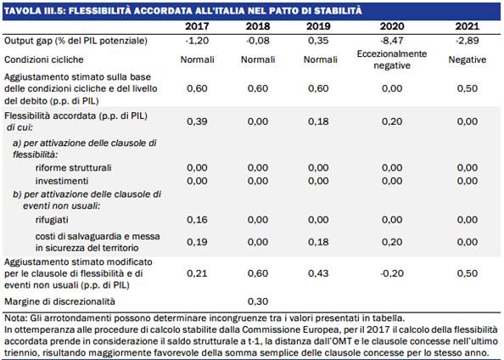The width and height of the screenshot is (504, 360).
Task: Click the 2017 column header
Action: pyautogui.click(x=197, y=26)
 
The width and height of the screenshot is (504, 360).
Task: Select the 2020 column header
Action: pyautogui.click(x=392, y=26)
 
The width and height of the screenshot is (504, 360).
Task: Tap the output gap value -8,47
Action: pyautogui.click(x=392, y=41)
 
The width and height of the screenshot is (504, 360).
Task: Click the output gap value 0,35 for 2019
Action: pyautogui.click(x=318, y=41)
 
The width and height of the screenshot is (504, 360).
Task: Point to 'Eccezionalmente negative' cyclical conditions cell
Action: pyautogui.click(x=392, y=59)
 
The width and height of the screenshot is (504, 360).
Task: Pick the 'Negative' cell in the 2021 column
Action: pyautogui.click(x=468, y=59)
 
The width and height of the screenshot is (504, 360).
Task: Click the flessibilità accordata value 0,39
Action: pyautogui.click(x=197, y=121)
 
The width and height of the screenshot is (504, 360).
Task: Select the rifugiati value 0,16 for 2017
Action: pyautogui.click(x=197, y=220)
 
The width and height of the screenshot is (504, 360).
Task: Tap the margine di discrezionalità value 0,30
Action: pyautogui.click(x=258, y=301)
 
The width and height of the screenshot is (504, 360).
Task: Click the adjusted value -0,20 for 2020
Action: pyautogui.click(x=392, y=273)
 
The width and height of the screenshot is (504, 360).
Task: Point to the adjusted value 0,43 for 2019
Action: pyautogui.click(x=318, y=273)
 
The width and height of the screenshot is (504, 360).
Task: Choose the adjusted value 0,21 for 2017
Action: pyautogui.click(x=197, y=273)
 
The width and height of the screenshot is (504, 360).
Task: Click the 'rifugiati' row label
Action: pyautogui.click(x=52, y=220)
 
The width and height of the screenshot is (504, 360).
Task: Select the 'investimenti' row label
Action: pyautogui.click(x=62, y=181)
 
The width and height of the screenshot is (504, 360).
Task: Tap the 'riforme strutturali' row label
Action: pyautogui.click(x=73, y=167)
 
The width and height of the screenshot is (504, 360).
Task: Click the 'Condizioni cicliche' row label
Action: pyautogui.click(x=44, y=59)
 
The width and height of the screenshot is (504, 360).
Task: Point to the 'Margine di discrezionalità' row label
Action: pyautogui.click(x=59, y=301)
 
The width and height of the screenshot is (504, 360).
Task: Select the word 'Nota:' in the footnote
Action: pyautogui.click(x=16, y=318)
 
